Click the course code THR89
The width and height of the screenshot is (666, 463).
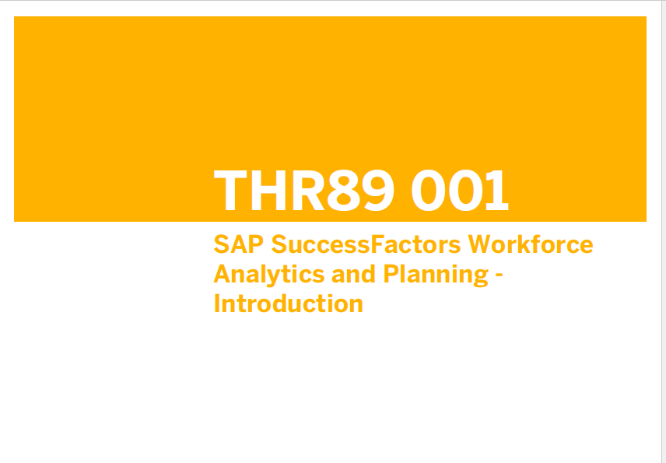point(304,190)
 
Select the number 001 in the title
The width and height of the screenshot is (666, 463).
point(460,190)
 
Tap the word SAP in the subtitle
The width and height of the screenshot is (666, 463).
point(239,244)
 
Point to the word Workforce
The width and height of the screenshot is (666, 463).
point(531,244)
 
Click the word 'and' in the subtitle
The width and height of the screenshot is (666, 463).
point(353,275)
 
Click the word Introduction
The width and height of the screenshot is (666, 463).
point(289,303)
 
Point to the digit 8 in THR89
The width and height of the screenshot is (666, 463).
point(343,190)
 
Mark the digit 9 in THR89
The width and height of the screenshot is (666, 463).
point(378,190)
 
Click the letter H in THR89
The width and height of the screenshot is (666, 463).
point(268,190)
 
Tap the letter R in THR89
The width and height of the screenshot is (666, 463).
point(308,190)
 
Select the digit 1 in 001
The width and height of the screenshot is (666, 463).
point(497,190)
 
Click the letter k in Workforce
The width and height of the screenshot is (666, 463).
point(524,244)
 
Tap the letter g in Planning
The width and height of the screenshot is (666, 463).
point(480,278)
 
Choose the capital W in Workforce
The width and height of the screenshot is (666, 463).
point(479,244)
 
